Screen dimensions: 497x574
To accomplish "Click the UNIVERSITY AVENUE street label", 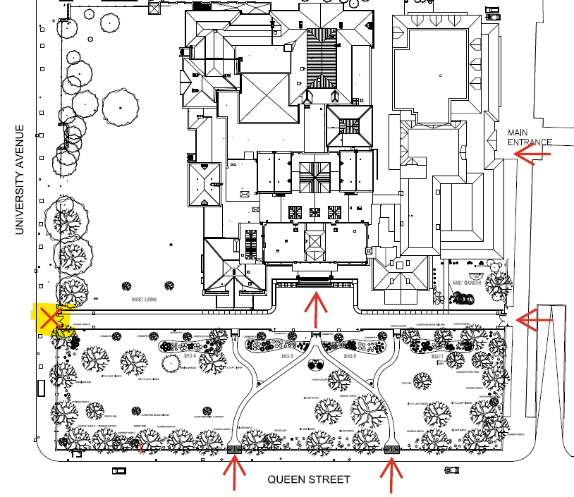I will pos(20,180).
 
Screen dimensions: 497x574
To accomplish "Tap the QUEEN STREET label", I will pos(308,480).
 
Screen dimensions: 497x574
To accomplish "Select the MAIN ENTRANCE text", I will pos(530,137).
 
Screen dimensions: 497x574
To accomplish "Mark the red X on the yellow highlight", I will pos(49,319).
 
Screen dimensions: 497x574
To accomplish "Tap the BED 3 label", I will pos(286,357).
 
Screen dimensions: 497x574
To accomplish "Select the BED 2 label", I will pos(350,357).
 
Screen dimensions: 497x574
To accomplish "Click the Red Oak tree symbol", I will pos(422,381).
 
